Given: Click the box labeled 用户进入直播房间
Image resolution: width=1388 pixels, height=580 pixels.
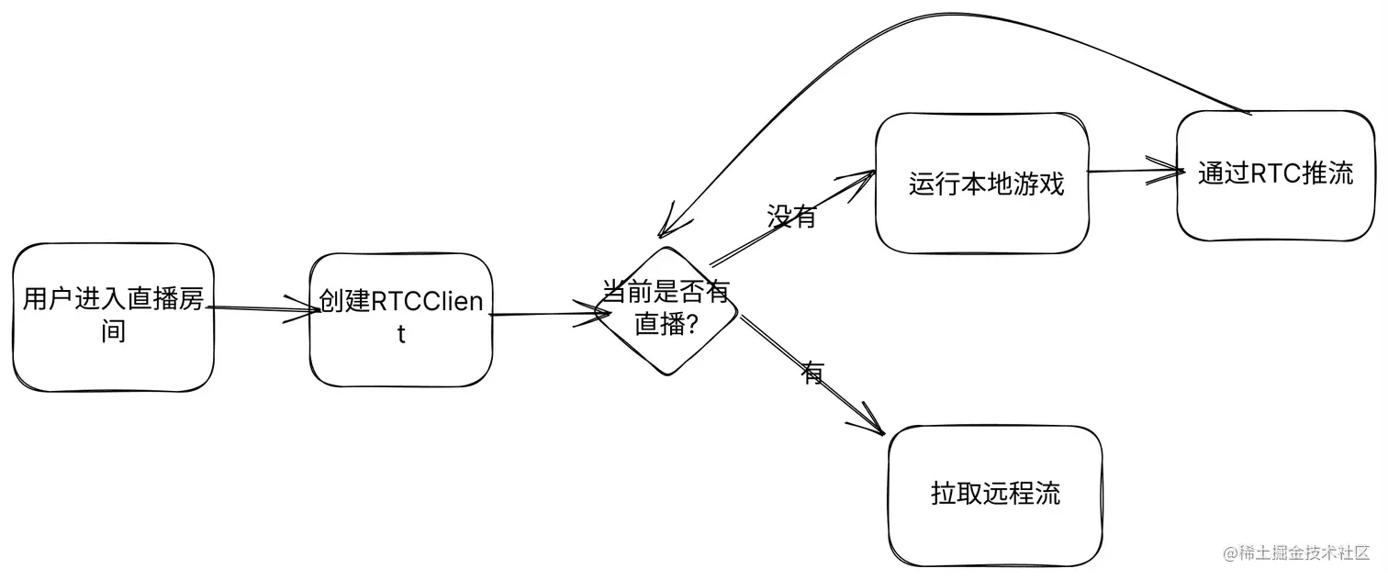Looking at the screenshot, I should point(113,317).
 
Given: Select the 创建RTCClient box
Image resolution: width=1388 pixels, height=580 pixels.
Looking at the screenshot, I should point(401,319).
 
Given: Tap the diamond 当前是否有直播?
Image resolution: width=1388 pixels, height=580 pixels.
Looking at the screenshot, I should point(666,310).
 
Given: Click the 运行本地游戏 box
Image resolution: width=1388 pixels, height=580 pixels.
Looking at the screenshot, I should point(982,183).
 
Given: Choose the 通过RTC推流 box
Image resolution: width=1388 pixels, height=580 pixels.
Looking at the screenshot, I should point(1275,175).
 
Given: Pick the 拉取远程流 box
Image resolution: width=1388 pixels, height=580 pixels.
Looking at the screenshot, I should point(995,495).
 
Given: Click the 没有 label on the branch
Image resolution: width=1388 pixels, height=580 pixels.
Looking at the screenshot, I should point(791,217).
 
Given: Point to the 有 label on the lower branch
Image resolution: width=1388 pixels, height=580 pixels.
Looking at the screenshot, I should point(813,373).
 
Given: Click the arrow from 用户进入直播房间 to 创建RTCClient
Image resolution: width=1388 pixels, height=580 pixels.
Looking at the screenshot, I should point(262,310).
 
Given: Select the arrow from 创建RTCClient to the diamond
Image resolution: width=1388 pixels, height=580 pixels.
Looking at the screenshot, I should point(546,315).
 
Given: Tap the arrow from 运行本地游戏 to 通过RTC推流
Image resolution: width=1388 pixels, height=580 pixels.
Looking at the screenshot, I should point(1132,171).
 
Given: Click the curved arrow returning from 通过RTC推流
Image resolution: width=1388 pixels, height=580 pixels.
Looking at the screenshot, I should point(918,37).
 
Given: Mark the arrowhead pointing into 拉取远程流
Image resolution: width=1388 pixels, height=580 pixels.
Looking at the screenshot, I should point(872,425).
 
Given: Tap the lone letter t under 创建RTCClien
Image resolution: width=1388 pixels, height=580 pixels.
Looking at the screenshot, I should point(401,334).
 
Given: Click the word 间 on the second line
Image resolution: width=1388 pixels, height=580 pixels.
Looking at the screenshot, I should point(113,331).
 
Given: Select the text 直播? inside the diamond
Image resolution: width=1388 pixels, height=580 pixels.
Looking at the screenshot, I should point(663,324).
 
